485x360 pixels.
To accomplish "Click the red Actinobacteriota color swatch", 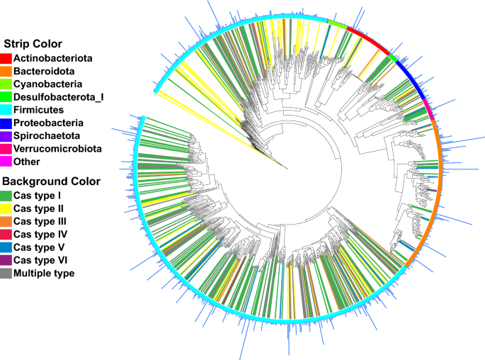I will [6, 58].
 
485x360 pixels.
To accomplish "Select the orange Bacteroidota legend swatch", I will [6, 71].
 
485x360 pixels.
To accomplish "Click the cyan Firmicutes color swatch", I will [6, 110].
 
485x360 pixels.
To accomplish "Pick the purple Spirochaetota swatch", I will [6, 135].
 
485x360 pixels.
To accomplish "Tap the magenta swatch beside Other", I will [6, 162].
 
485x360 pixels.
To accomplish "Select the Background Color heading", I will [51, 181].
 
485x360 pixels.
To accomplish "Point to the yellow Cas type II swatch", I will [6, 208].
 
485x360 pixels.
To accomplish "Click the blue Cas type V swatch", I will [6, 247].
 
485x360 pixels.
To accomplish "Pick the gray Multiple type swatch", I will [6, 273].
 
